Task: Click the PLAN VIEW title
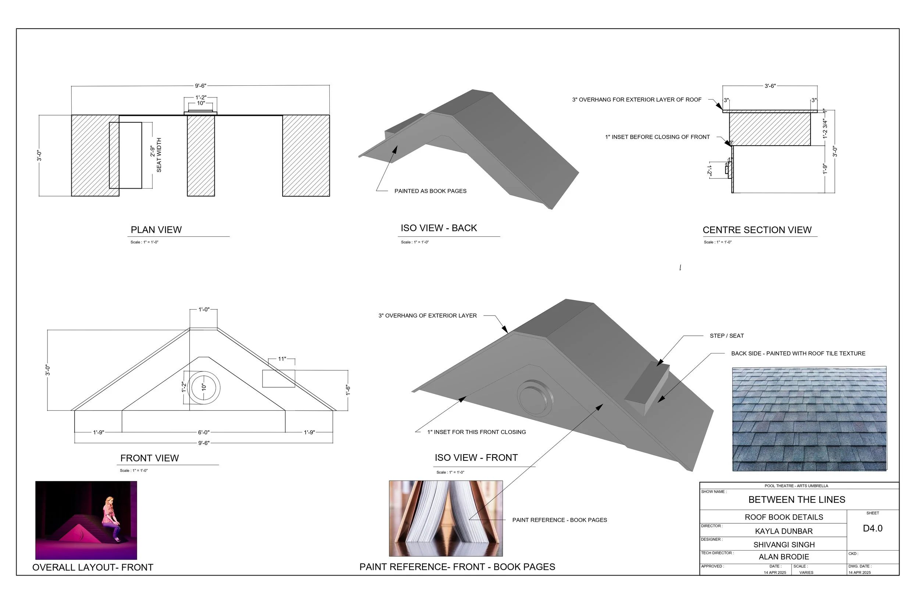[156, 230]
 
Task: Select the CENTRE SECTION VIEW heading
[757, 230]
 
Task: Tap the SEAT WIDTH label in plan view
[159, 155]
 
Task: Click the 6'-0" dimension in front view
[204, 432]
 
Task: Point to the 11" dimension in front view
[282, 359]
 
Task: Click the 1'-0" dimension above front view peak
[204, 310]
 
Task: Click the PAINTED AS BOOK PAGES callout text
[430, 191]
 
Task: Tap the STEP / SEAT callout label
[726, 336]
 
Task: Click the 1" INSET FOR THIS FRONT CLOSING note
[476, 432]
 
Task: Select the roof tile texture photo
[809, 419]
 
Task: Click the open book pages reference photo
[446, 518]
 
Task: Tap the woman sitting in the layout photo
[110, 518]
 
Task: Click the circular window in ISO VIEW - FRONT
[534, 398]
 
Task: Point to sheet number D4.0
[872, 528]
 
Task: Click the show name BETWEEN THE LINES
[796, 499]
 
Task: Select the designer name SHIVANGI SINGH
[783, 544]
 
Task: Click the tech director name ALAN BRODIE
[783, 557]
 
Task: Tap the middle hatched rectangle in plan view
[201, 155]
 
